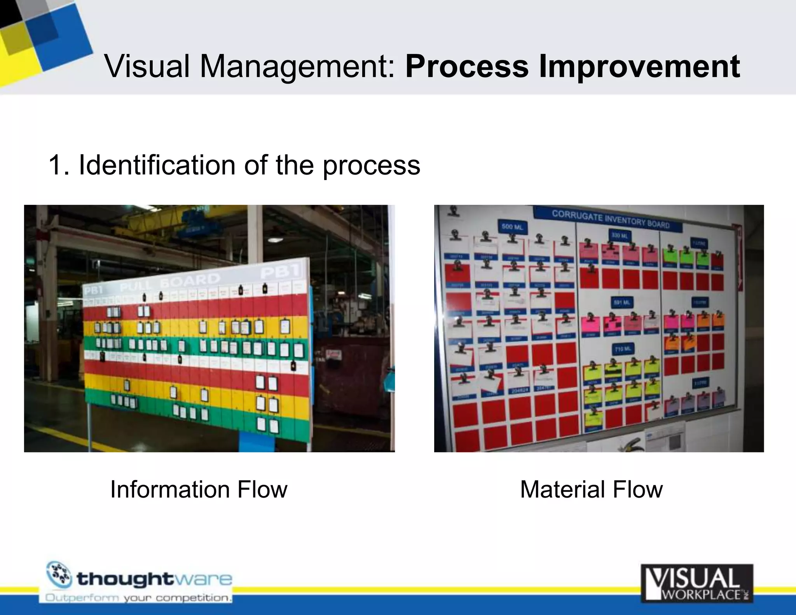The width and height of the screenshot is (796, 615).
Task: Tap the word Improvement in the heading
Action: [x=639, y=66]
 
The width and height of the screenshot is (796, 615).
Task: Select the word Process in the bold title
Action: [x=467, y=66]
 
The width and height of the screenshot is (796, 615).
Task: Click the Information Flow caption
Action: [x=199, y=489]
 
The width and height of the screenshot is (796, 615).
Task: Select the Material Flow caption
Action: [x=591, y=489]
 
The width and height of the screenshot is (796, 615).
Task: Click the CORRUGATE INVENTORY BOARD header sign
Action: [x=611, y=220]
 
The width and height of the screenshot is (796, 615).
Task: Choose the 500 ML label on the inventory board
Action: [x=512, y=227]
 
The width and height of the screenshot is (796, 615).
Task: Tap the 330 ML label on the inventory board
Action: [x=620, y=236]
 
